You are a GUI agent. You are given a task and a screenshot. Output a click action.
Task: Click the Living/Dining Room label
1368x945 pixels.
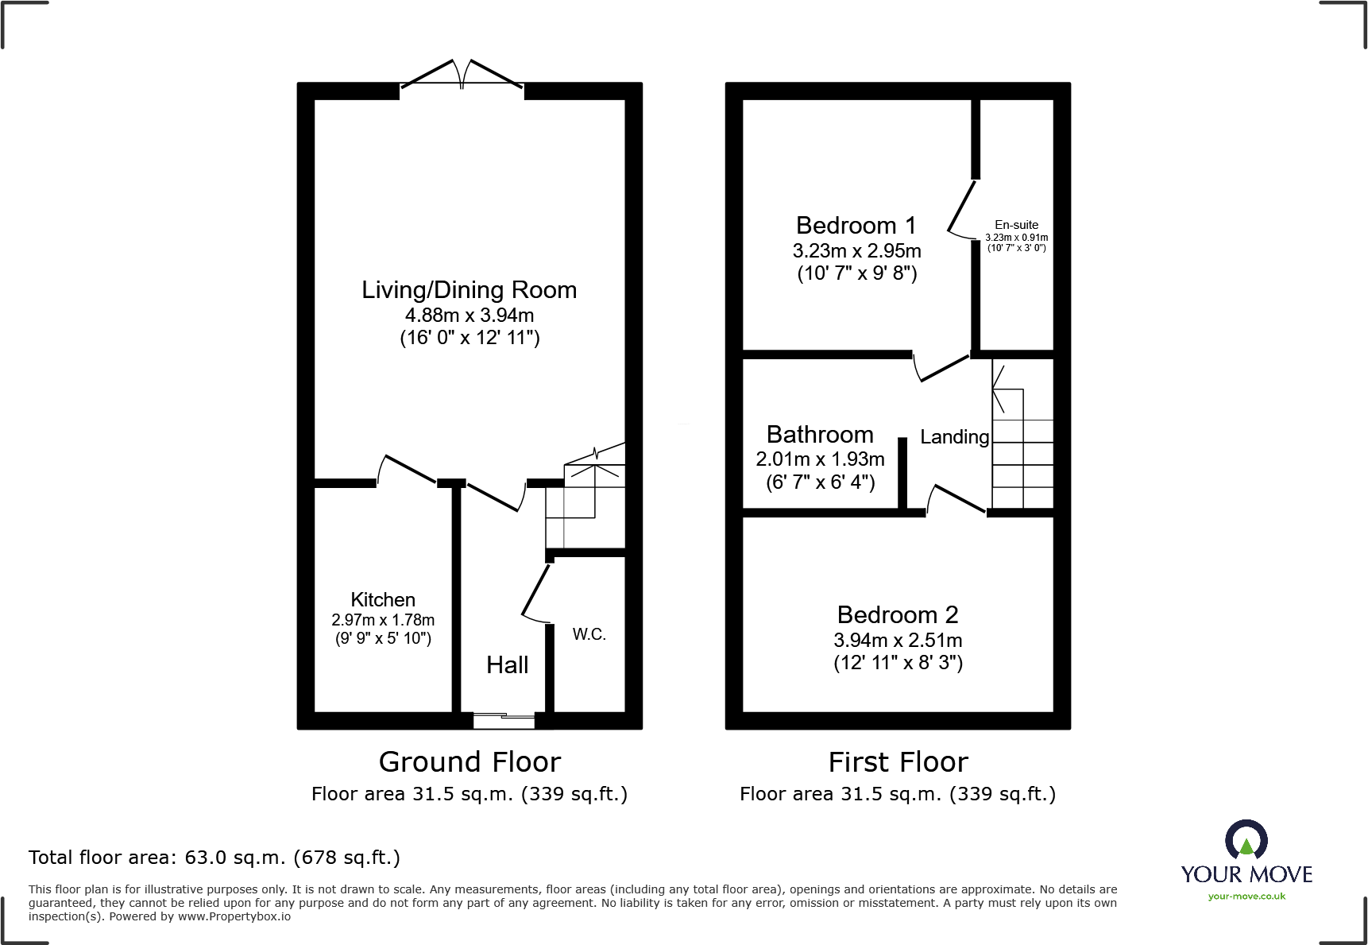[x=469, y=290]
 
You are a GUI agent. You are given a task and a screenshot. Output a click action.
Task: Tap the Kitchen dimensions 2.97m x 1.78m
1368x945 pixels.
[x=383, y=620]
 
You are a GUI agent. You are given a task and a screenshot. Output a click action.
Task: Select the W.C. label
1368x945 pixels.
[x=589, y=634]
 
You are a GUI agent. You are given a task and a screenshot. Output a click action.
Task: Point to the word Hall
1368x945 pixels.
[x=507, y=665]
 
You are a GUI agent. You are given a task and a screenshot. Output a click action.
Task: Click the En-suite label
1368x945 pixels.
[x=1016, y=225]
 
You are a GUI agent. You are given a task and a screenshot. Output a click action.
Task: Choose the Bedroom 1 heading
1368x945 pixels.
[x=856, y=226]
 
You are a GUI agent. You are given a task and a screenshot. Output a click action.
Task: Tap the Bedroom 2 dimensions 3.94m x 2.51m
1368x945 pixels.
[x=898, y=640]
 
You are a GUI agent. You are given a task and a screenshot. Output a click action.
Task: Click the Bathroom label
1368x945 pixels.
[x=820, y=435]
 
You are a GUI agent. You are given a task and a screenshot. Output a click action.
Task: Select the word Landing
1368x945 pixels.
[x=954, y=437]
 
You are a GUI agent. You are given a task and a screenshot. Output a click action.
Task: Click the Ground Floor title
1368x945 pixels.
[x=470, y=762]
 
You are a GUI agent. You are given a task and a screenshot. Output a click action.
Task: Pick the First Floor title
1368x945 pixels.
[x=898, y=762]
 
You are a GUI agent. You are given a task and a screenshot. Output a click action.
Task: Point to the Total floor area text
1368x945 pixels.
[x=214, y=858]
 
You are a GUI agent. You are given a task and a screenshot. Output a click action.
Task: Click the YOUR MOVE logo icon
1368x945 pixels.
[x=1246, y=840]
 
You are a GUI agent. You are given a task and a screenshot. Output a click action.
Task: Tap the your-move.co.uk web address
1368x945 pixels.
[x=1246, y=897]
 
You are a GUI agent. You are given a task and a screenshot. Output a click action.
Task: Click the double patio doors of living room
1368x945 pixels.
[x=462, y=75]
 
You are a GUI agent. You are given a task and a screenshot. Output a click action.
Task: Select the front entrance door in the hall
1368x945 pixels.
[x=504, y=721]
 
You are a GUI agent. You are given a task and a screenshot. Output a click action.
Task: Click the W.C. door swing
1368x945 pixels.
[x=535, y=593]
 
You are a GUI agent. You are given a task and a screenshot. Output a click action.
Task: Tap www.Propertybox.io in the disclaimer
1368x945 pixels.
[x=234, y=916]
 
